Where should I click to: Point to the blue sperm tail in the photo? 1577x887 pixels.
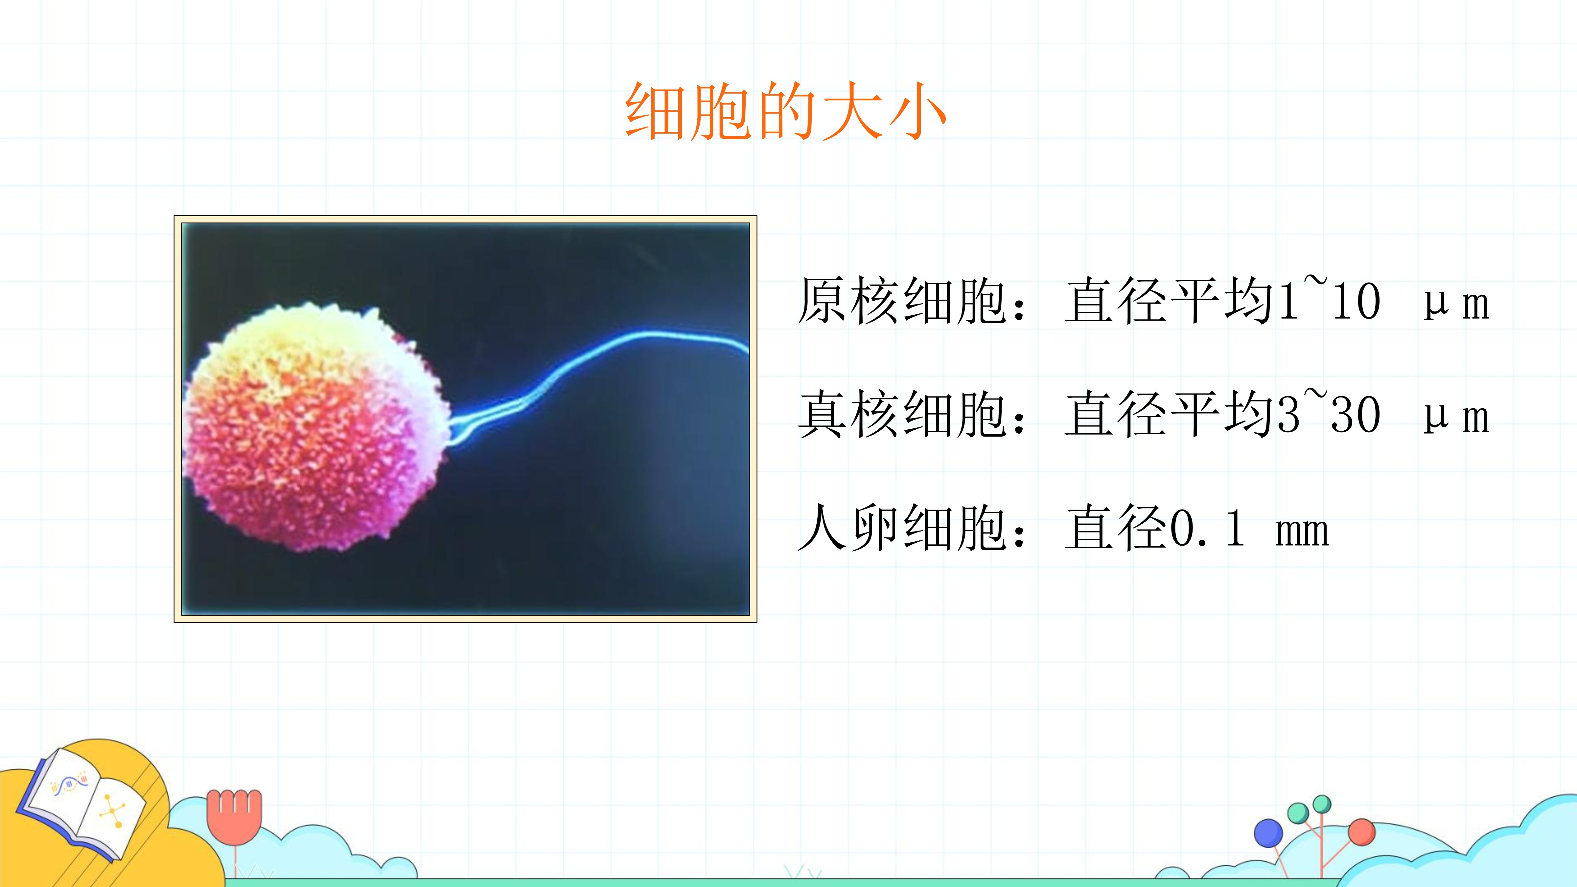(597, 379)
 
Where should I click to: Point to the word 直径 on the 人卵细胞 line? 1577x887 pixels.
(1117, 528)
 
